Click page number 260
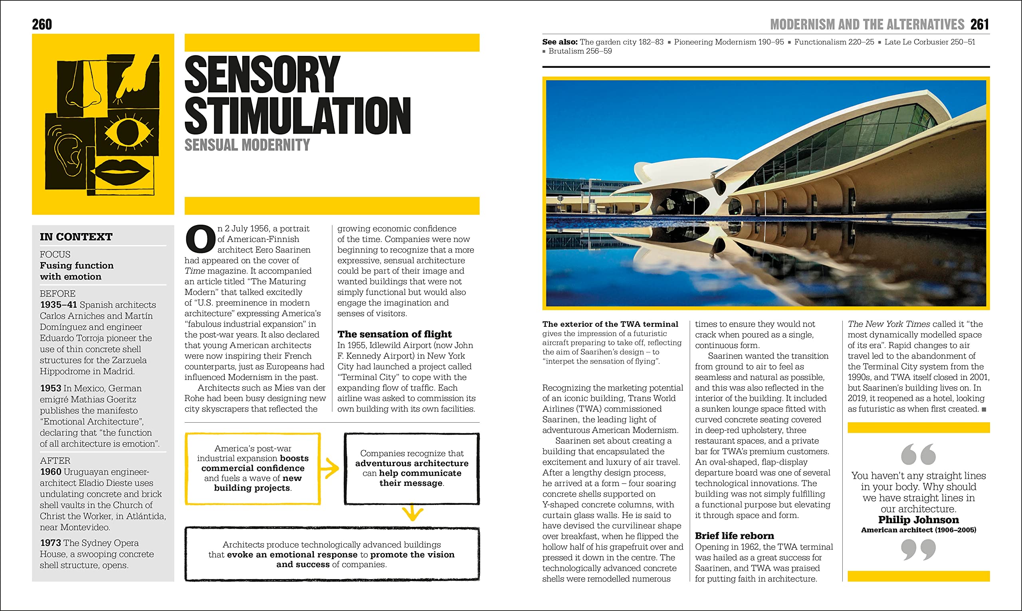coord(42,24)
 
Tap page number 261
coord(980,24)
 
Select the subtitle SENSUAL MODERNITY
coord(247,145)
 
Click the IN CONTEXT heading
coord(76,237)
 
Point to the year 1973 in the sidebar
coord(50,543)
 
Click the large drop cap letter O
coord(200,239)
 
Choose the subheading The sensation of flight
coord(394,334)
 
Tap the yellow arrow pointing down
coord(412,513)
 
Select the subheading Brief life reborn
coord(734,536)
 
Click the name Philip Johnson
coord(918,520)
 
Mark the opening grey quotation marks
coord(918,454)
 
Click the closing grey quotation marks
coord(918,550)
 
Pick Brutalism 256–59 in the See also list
coord(580,51)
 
